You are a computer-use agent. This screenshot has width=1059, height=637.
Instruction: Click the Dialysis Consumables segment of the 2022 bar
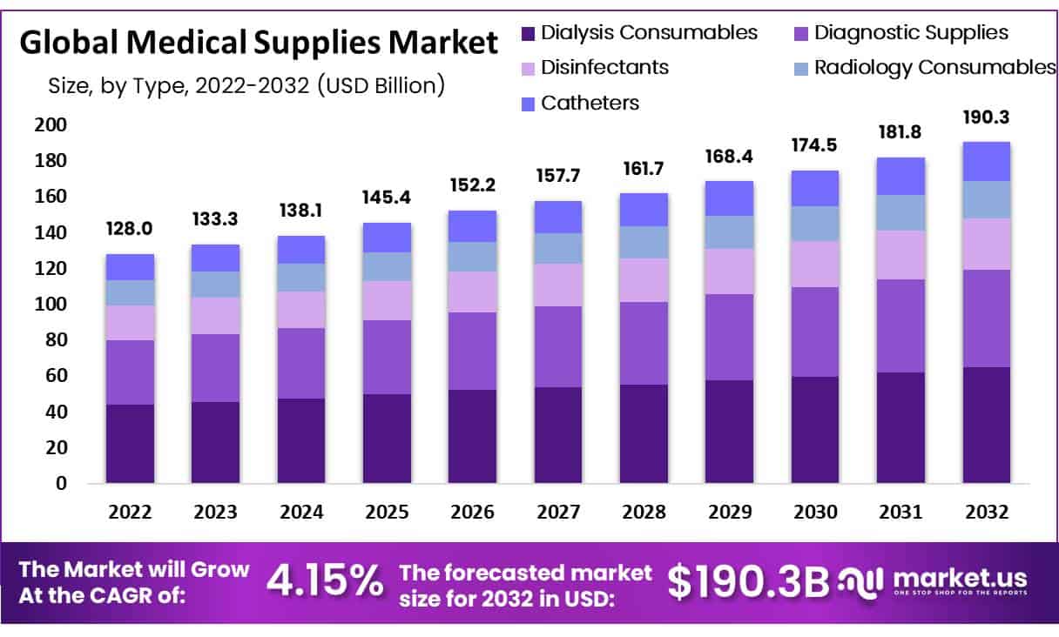[130, 443]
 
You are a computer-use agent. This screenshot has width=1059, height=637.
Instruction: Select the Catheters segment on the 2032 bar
[986, 161]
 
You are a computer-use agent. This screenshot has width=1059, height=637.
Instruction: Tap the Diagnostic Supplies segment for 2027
[558, 346]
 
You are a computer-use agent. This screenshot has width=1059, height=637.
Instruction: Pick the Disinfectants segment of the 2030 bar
[815, 264]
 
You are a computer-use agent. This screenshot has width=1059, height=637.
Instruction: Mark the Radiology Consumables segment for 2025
[387, 266]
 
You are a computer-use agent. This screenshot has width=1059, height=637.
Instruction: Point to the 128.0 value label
[130, 230]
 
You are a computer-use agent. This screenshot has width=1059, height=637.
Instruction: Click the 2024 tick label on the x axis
[301, 513]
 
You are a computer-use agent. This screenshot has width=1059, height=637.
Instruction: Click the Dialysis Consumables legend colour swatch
[527, 34]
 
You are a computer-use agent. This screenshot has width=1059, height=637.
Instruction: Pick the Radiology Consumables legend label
[934, 67]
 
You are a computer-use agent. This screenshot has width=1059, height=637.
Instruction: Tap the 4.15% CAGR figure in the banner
[325, 581]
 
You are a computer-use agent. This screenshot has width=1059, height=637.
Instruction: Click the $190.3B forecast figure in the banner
[747, 581]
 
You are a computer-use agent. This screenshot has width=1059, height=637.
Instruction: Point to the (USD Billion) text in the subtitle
[381, 84]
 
